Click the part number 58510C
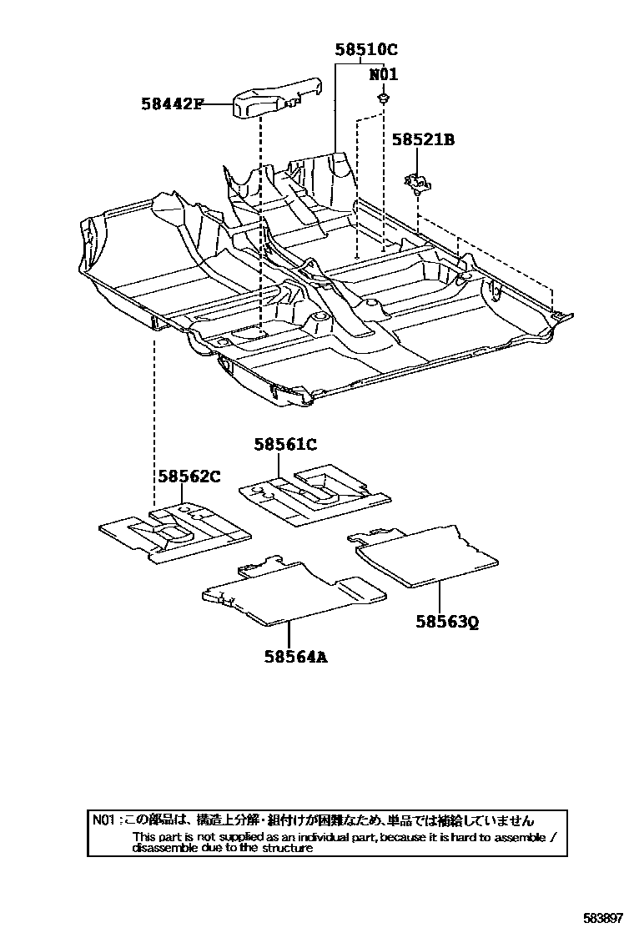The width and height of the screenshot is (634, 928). click(x=366, y=49)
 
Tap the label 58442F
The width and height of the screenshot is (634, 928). click(x=171, y=104)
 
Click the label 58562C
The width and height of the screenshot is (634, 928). click(x=189, y=476)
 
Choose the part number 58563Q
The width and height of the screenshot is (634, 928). click(x=448, y=622)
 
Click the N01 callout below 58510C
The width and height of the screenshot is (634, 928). click(x=383, y=75)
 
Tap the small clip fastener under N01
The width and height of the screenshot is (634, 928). click(x=382, y=99)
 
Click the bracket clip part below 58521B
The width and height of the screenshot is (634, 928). click(x=415, y=181)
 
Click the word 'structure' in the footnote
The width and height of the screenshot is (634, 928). click(x=288, y=848)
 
